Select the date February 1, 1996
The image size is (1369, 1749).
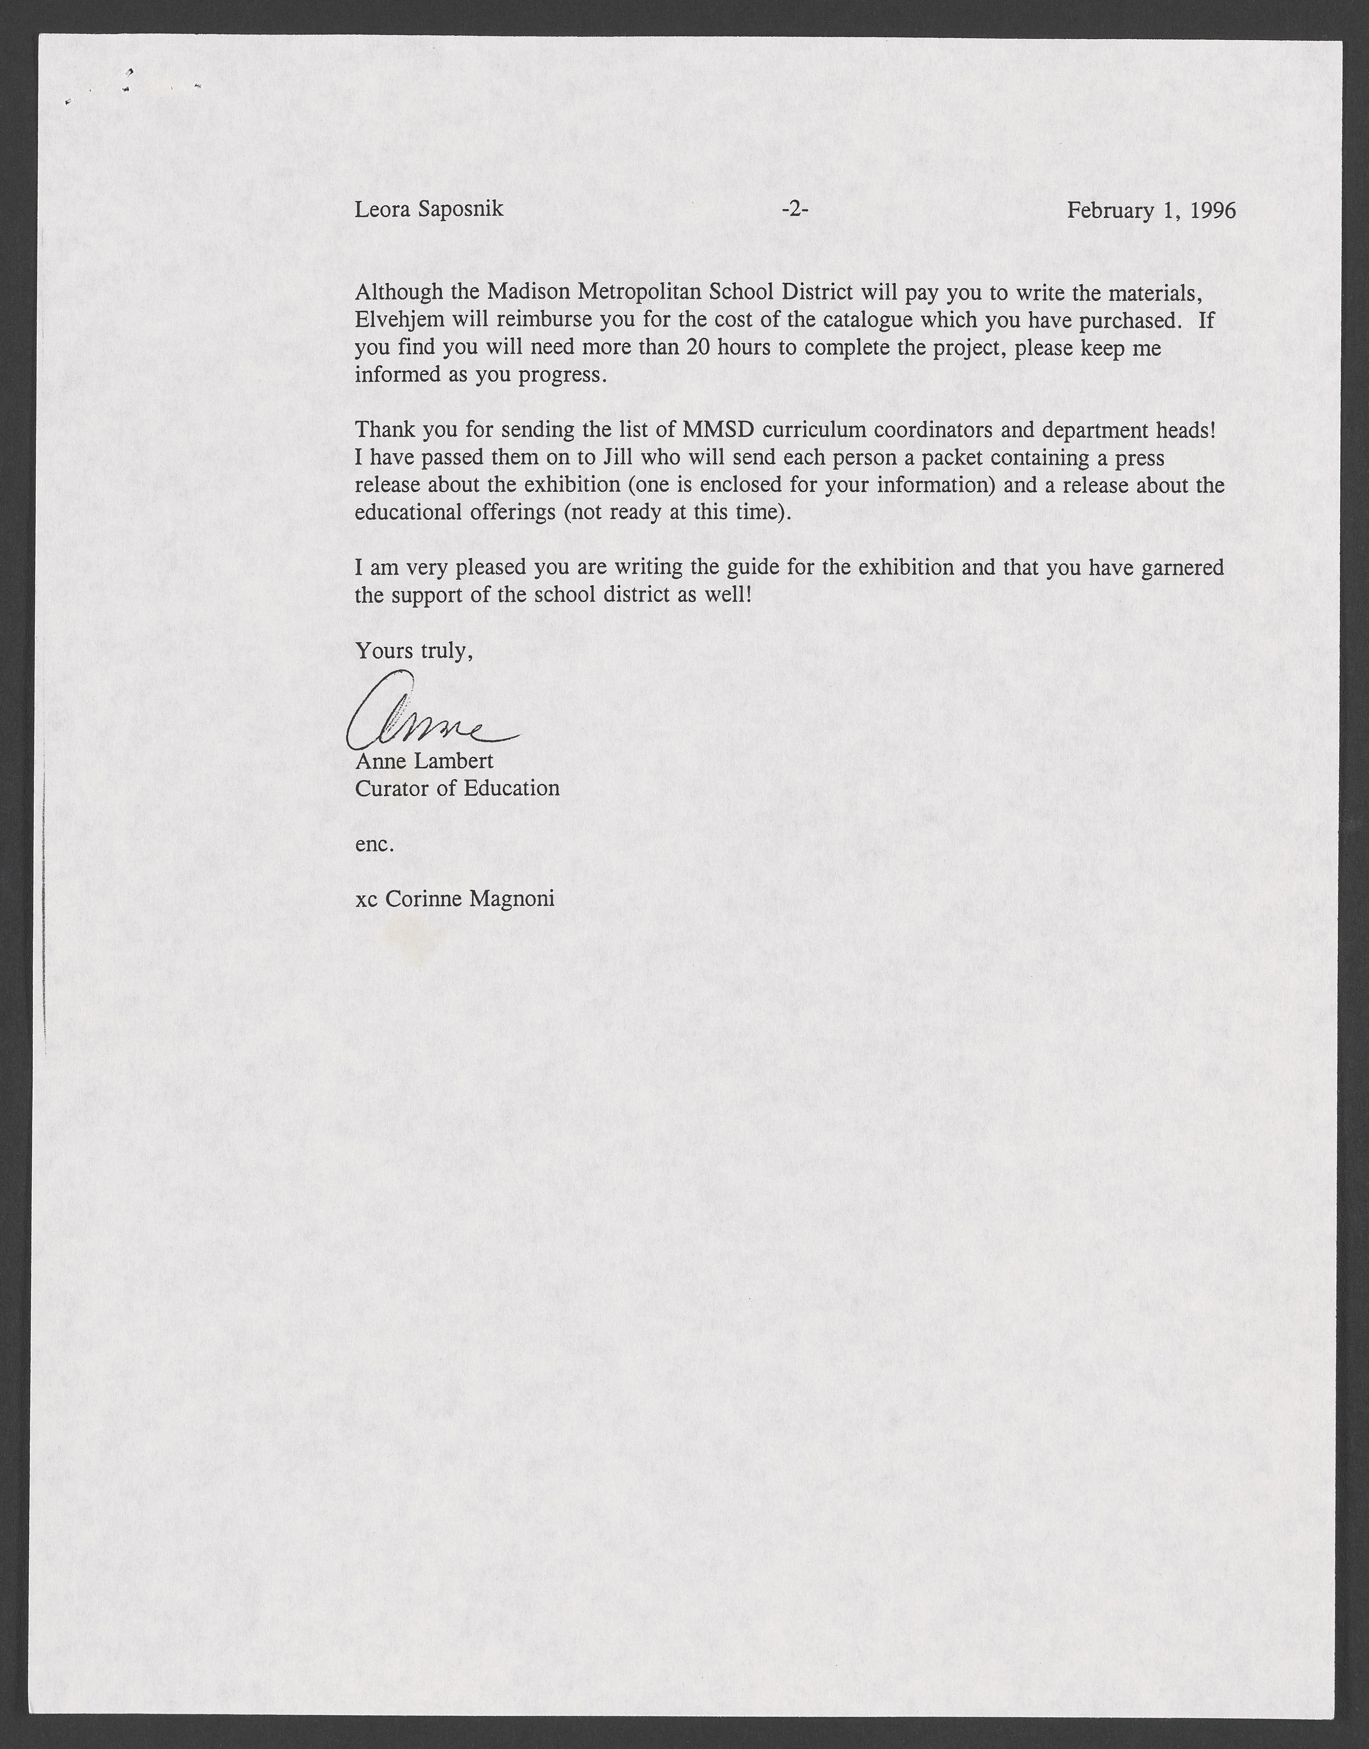(x=1151, y=210)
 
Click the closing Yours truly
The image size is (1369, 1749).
(x=414, y=651)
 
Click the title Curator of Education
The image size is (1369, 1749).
(x=457, y=788)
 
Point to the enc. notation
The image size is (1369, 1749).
(x=374, y=844)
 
